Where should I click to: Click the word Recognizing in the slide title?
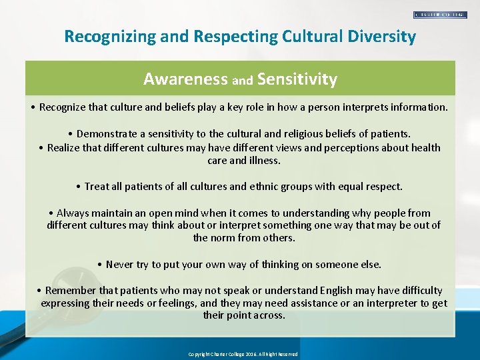click(x=107, y=37)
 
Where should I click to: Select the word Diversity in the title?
click(x=383, y=37)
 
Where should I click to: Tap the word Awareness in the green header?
click(x=185, y=79)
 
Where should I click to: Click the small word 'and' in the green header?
click(x=242, y=81)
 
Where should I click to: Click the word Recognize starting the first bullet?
click(x=64, y=107)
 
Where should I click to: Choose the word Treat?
click(x=98, y=187)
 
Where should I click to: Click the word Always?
click(x=73, y=213)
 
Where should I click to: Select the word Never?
click(x=119, y=265)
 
